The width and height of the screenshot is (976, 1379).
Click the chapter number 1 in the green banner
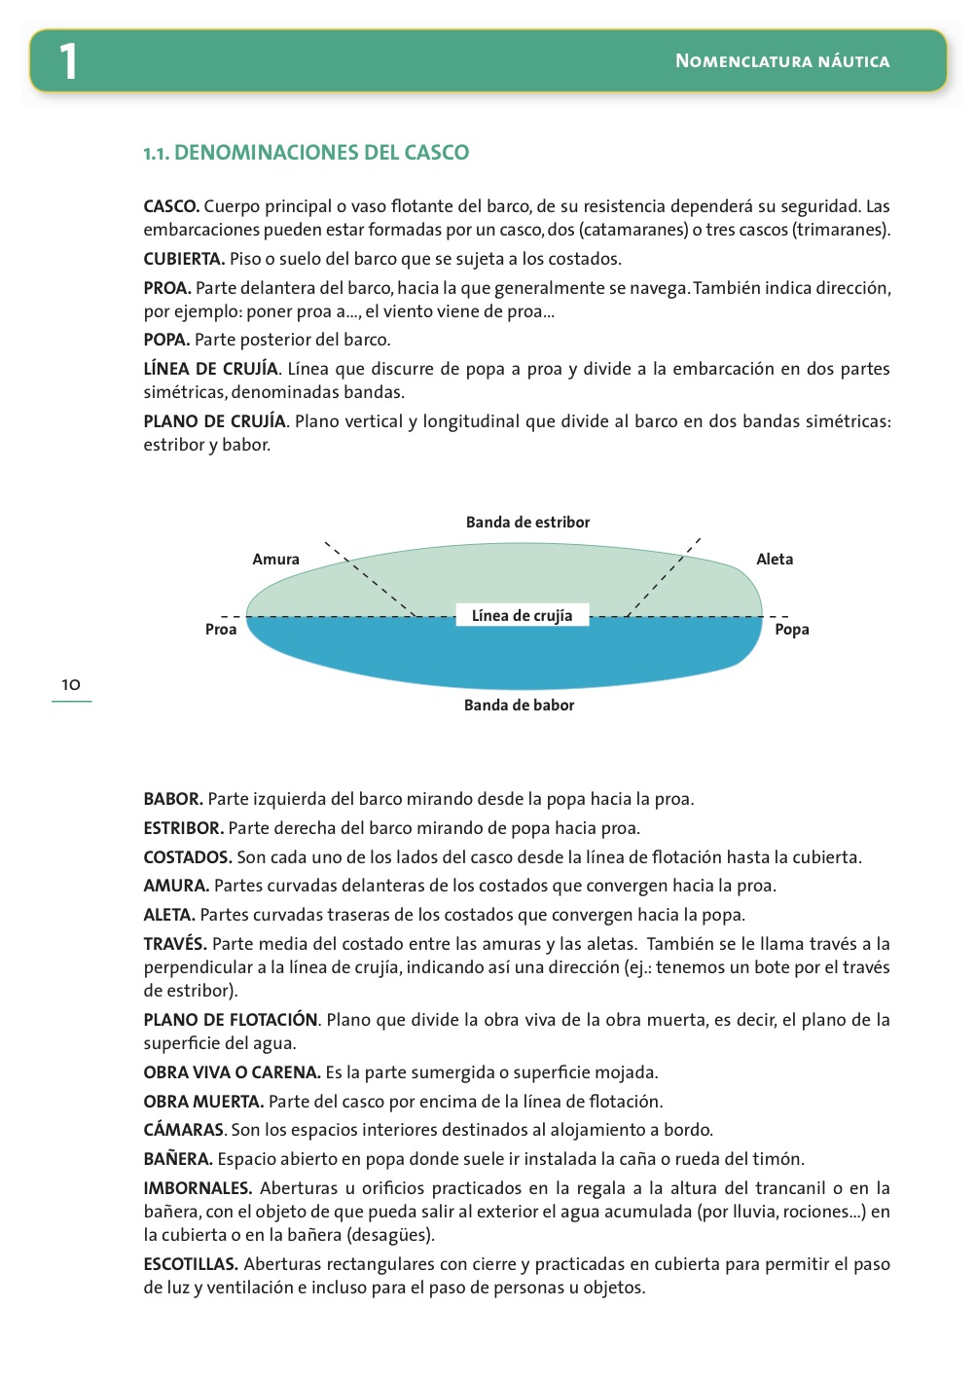[67, 61]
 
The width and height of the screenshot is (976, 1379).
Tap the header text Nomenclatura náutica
[782, 61]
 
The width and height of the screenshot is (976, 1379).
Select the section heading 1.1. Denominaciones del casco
[306, 153]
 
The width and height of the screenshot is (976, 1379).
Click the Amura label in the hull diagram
[275, 560]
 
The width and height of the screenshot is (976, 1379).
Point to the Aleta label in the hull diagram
[775, 560]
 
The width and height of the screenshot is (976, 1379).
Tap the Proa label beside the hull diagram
[221, 630]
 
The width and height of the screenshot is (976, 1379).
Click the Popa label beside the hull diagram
[792, 630]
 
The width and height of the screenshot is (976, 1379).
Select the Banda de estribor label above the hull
[527, 523]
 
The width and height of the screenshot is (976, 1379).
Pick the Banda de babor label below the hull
[519, 706]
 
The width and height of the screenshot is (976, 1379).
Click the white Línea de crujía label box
[523, 616]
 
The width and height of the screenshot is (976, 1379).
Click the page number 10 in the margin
[71, 685]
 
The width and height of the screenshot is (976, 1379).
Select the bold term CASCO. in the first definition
[171, 206]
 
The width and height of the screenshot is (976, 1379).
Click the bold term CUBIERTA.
[184, 259]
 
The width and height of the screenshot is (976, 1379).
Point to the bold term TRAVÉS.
[175, 944]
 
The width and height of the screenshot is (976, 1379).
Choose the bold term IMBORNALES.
[198, 1188]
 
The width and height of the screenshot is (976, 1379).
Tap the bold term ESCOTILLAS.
[191, 1264]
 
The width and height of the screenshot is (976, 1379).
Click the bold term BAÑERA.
[178, 1159]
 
